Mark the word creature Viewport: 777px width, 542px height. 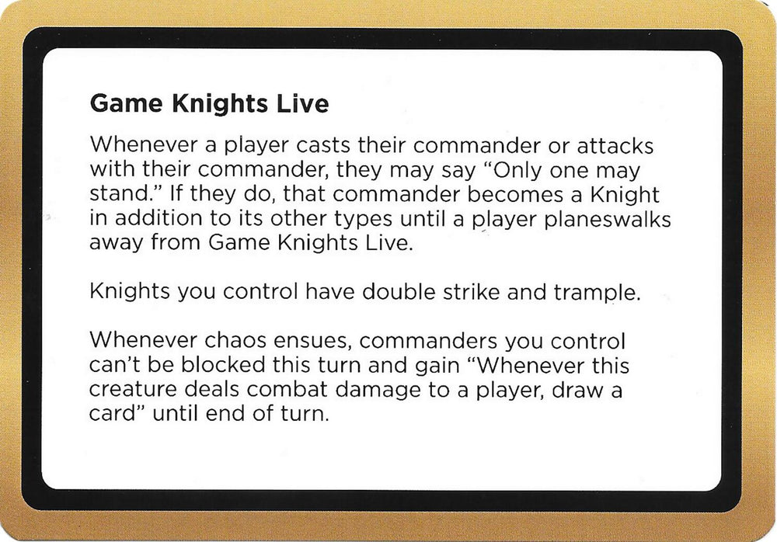pos(135,389)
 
